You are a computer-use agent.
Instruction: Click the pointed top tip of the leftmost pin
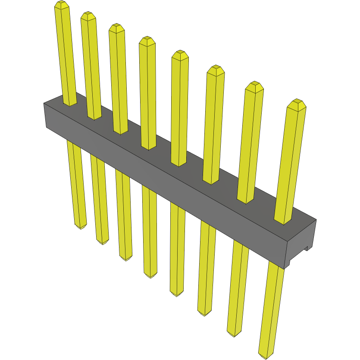[62, 4]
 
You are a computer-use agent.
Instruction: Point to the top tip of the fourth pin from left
[147, 40]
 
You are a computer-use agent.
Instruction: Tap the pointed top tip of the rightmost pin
[296, 103]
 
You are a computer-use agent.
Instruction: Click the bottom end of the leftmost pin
[81, 226]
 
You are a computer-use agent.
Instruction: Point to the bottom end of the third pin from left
[126, 258]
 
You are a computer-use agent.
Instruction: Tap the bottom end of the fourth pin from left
[150, 276]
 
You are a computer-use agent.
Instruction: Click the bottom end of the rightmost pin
[266, 355]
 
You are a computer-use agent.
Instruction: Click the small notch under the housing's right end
[307, 249]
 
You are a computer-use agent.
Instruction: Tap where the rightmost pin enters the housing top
[283, 221]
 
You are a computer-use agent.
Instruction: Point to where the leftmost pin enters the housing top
[70, 103]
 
